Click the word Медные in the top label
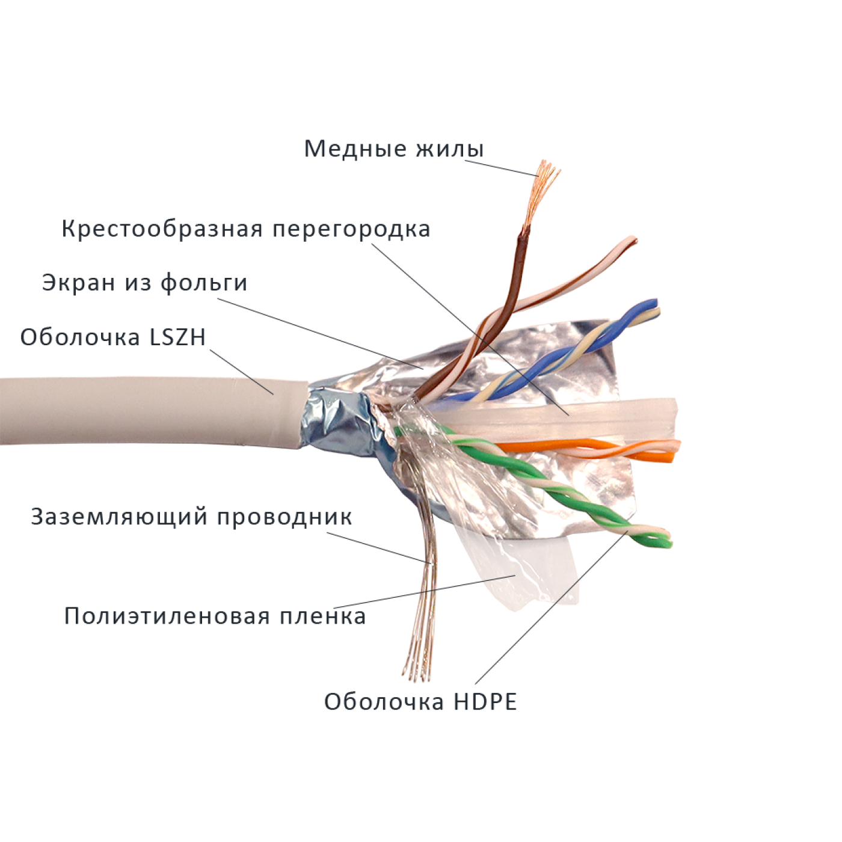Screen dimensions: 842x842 355,149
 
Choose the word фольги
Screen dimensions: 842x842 204,283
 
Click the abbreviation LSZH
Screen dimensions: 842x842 177,338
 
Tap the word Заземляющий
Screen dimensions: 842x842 119,517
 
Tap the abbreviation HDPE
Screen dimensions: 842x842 485,702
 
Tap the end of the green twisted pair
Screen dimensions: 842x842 664,540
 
